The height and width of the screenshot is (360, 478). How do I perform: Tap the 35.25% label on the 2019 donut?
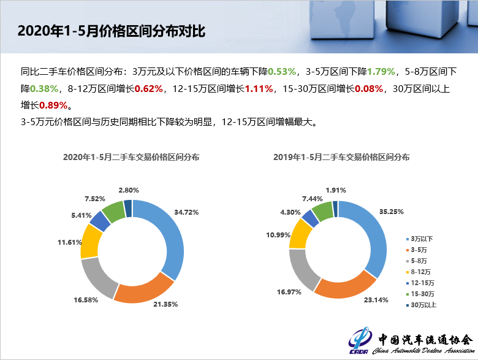[409, 212]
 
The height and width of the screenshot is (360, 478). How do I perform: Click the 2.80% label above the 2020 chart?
[129, 190]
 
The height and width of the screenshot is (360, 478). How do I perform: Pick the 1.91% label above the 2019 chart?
[336, 190]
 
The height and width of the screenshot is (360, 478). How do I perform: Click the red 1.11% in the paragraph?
[259, 89]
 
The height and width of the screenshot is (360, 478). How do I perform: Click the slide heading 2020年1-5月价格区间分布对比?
[110, 31]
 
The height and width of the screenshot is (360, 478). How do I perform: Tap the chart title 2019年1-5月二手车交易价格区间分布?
[341, 157]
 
